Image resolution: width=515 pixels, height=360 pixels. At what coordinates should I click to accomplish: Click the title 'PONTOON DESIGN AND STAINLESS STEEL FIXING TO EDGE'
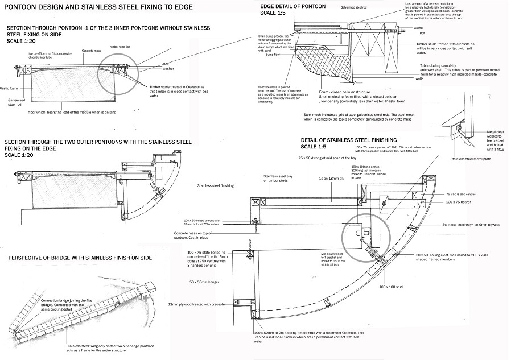click(x=97, y=8)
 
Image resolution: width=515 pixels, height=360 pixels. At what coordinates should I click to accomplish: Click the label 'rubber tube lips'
click(x=121, y=47)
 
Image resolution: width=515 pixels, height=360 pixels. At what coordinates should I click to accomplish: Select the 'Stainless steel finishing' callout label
click(x=217, y=185)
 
